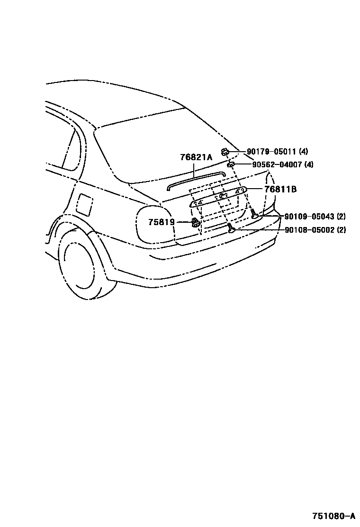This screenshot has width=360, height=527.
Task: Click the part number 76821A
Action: coord(196,158)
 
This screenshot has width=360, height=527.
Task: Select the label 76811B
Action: coord(280,189)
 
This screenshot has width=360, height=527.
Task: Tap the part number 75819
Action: coord(161,222)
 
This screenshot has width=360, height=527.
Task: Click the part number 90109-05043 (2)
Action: coord(315,217)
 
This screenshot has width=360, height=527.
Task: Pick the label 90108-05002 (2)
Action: coord(315,230)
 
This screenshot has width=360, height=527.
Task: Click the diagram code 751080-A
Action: coord(333,516)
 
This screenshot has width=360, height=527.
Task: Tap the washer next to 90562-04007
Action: coord(231,164)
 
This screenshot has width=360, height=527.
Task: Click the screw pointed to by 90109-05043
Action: coord(254,214)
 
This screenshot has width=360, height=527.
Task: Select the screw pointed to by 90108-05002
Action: coord(231,229)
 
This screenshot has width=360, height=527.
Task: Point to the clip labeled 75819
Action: coord(195,222)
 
